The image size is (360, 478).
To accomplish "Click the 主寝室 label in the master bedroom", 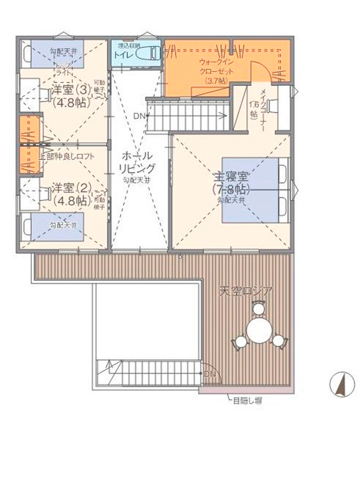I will click(230, 177).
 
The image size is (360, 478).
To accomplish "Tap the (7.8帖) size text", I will click(230, 189).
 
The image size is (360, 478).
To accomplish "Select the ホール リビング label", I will click(137, 162).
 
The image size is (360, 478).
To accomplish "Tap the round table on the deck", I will click(259, 331).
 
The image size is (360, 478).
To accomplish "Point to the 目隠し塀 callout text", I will click(246, 400).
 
